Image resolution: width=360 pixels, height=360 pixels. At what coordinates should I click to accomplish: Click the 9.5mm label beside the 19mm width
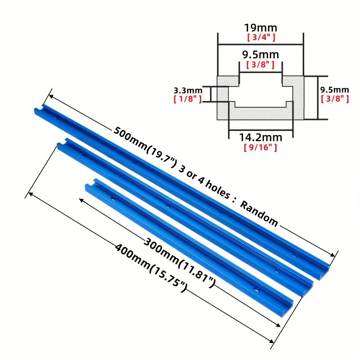[x=261, y=55]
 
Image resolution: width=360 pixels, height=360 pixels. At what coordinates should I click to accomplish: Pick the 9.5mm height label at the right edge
[x=334, y=90]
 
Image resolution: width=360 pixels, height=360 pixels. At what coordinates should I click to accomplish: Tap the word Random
[x=259, y=214]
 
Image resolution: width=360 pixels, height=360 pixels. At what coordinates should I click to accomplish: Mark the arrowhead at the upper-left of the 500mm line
[x=50, y=96]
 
